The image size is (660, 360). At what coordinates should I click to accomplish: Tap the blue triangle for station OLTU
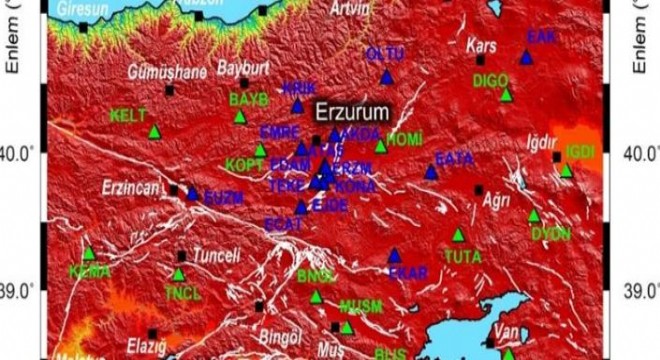pyautogui.click(x=387, y=77)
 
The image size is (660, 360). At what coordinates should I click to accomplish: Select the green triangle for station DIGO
pyautogui.click(x=506, y=95)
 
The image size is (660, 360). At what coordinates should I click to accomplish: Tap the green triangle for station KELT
pyautogui.click(x=154, y=131)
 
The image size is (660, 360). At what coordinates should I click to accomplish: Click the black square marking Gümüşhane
pyautogui.click(x=169, y=90)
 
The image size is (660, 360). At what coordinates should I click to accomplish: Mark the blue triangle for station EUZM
pyautogui.click(x=192, y=194)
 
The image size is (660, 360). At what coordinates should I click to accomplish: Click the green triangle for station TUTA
pyautogui.click(x=458, y=235)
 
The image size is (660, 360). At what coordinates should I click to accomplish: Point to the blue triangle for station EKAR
pyautogui.click(x=394, y=255)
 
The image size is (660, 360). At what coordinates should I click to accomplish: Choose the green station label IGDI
pyautogui.click(x=580, y=151)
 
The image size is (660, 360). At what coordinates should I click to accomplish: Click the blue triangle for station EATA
pyautogui.click(x=431, y=172)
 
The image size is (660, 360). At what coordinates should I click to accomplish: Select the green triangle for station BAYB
pyautogui.click(x=240, y=116)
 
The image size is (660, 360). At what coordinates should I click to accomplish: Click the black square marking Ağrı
pyautogui.click(x=478, y=189)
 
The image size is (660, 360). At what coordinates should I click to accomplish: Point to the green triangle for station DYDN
pyautogui.click(x=534, y=215)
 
